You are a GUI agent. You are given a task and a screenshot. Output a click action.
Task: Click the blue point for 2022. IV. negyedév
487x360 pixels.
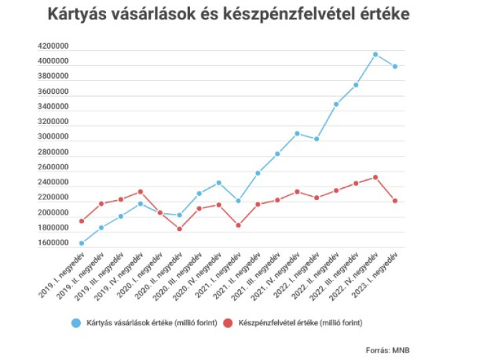376,54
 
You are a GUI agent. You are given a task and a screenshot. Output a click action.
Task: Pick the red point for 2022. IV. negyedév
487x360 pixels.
376,177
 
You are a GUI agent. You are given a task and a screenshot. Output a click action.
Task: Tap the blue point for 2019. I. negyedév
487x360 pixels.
81,243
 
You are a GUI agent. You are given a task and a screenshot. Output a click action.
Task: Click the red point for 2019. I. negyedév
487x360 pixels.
81,221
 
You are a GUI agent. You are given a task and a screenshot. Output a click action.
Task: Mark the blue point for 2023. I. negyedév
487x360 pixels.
395,66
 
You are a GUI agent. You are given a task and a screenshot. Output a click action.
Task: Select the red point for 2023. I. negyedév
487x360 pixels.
395,201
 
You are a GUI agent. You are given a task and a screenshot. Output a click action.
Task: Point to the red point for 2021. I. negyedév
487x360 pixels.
238,225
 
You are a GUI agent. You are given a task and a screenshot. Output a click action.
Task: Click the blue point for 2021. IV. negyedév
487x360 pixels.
297,134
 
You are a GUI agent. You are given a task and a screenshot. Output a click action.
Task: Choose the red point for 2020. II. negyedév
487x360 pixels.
179,229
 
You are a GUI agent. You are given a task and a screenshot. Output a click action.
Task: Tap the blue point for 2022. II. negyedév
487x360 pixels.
336,104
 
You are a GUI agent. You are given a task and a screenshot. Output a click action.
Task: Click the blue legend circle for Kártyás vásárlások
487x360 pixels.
76,323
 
